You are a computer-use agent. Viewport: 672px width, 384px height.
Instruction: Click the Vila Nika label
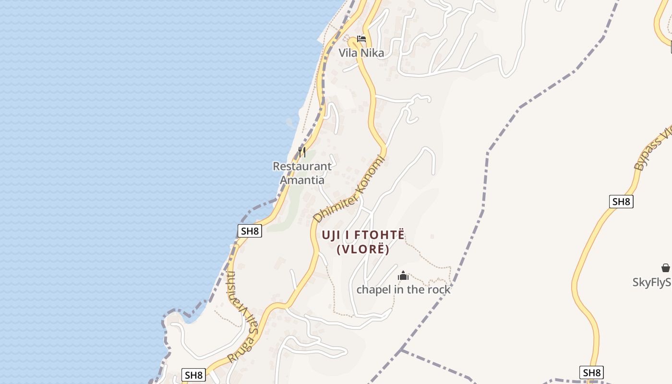click(361, 53)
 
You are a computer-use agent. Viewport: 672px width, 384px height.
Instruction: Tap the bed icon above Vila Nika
click(361, 39)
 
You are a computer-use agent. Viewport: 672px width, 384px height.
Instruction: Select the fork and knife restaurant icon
click(302, 152)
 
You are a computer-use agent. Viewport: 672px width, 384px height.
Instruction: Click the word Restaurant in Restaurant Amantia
click(302, 167)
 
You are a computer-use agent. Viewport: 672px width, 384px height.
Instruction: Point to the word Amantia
click(302, 180)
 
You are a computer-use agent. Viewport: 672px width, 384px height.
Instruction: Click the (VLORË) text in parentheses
click(363, 250)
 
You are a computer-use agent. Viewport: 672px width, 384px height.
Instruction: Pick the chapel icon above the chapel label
click(403, 276)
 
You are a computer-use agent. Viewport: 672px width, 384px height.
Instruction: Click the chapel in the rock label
click(403, 289)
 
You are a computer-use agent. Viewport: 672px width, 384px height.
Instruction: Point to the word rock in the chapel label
click(438, 289)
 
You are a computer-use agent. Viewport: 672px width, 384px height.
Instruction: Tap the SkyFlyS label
click(652, 282)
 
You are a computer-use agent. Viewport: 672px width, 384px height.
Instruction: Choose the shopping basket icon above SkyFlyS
click(665, 268)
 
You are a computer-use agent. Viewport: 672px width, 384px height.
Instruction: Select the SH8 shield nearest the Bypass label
click(621, 202)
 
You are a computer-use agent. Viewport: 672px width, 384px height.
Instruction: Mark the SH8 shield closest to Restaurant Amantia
click(250, 231)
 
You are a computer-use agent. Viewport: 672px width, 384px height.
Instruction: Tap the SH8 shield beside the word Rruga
click(194, 375)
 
